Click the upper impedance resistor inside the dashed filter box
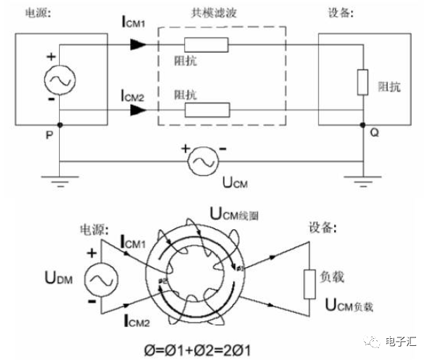pyautogui.click(x=206, y=45)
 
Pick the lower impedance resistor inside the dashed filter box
pyautogui.click(x=206, y=109)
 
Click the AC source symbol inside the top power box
pyautogui.click(x=57, y=82)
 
